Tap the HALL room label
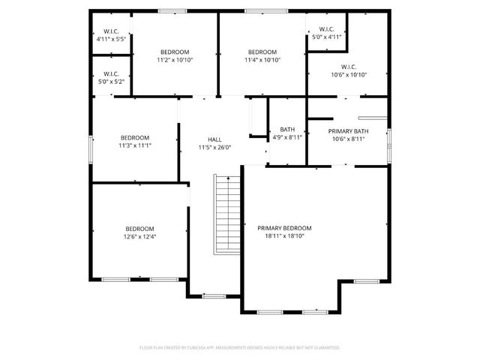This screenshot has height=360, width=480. pos(214,139)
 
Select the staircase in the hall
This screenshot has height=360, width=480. pos(227,214)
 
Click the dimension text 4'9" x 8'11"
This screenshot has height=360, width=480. pos(286,137)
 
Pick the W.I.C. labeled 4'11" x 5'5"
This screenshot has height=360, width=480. pos(111,35)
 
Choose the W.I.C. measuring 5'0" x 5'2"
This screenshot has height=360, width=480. pos(111,78)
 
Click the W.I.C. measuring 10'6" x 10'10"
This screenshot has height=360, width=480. pos(347,70)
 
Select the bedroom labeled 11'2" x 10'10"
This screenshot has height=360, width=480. pos(175,55)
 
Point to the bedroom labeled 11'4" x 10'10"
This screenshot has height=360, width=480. pos(263,55)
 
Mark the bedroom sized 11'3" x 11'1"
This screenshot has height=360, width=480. pos(135,141)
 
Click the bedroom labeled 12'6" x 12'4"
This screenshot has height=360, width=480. pos(139,232)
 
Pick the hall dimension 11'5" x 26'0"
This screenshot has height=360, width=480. pos(214,148)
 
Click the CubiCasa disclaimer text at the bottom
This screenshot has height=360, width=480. pos(240,348)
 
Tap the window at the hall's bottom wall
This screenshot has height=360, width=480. pos(214,296)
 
